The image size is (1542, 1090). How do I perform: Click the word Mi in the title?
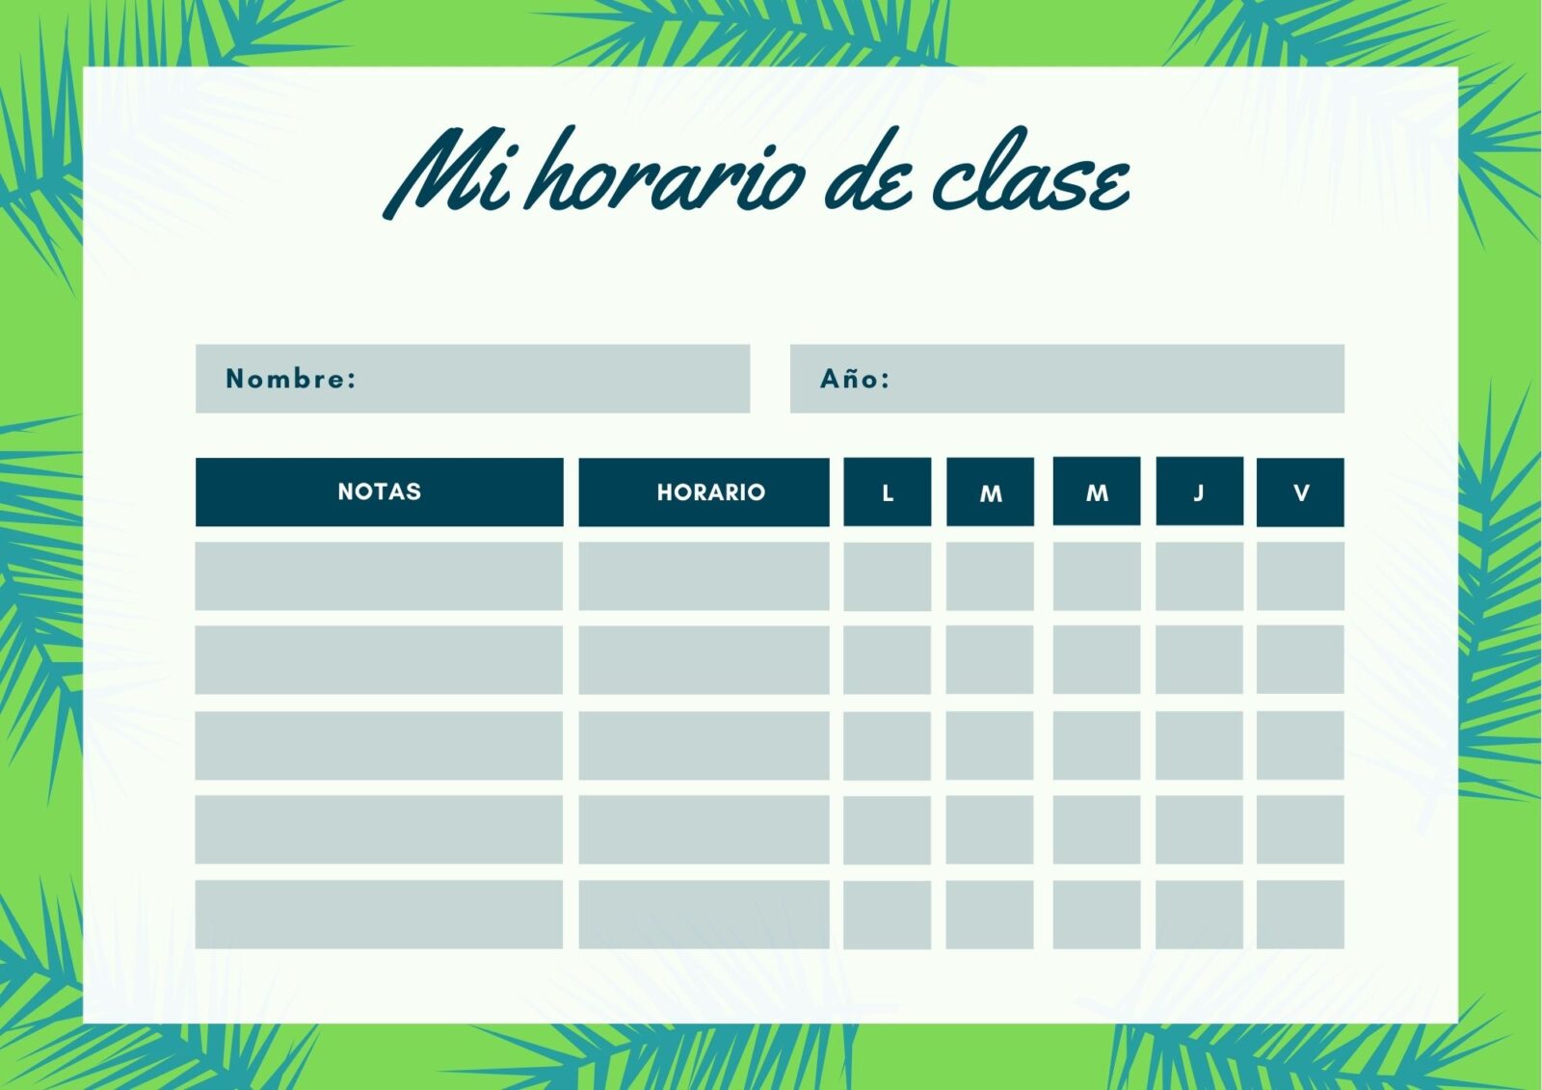446,173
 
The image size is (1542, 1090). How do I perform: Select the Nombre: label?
290,379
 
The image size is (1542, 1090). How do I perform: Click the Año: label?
854,378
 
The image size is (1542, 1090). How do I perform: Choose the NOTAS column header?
380,492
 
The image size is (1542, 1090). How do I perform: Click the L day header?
888,492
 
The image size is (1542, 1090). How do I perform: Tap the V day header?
1300,492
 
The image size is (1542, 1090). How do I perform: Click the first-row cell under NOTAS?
379,576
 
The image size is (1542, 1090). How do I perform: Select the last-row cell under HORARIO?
704,915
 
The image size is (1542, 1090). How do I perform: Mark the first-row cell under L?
888,576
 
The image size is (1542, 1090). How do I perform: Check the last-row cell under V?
1300,915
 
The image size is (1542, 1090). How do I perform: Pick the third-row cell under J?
1199,746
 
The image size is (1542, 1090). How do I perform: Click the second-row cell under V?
1300,659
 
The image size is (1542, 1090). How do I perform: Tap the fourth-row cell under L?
888,831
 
